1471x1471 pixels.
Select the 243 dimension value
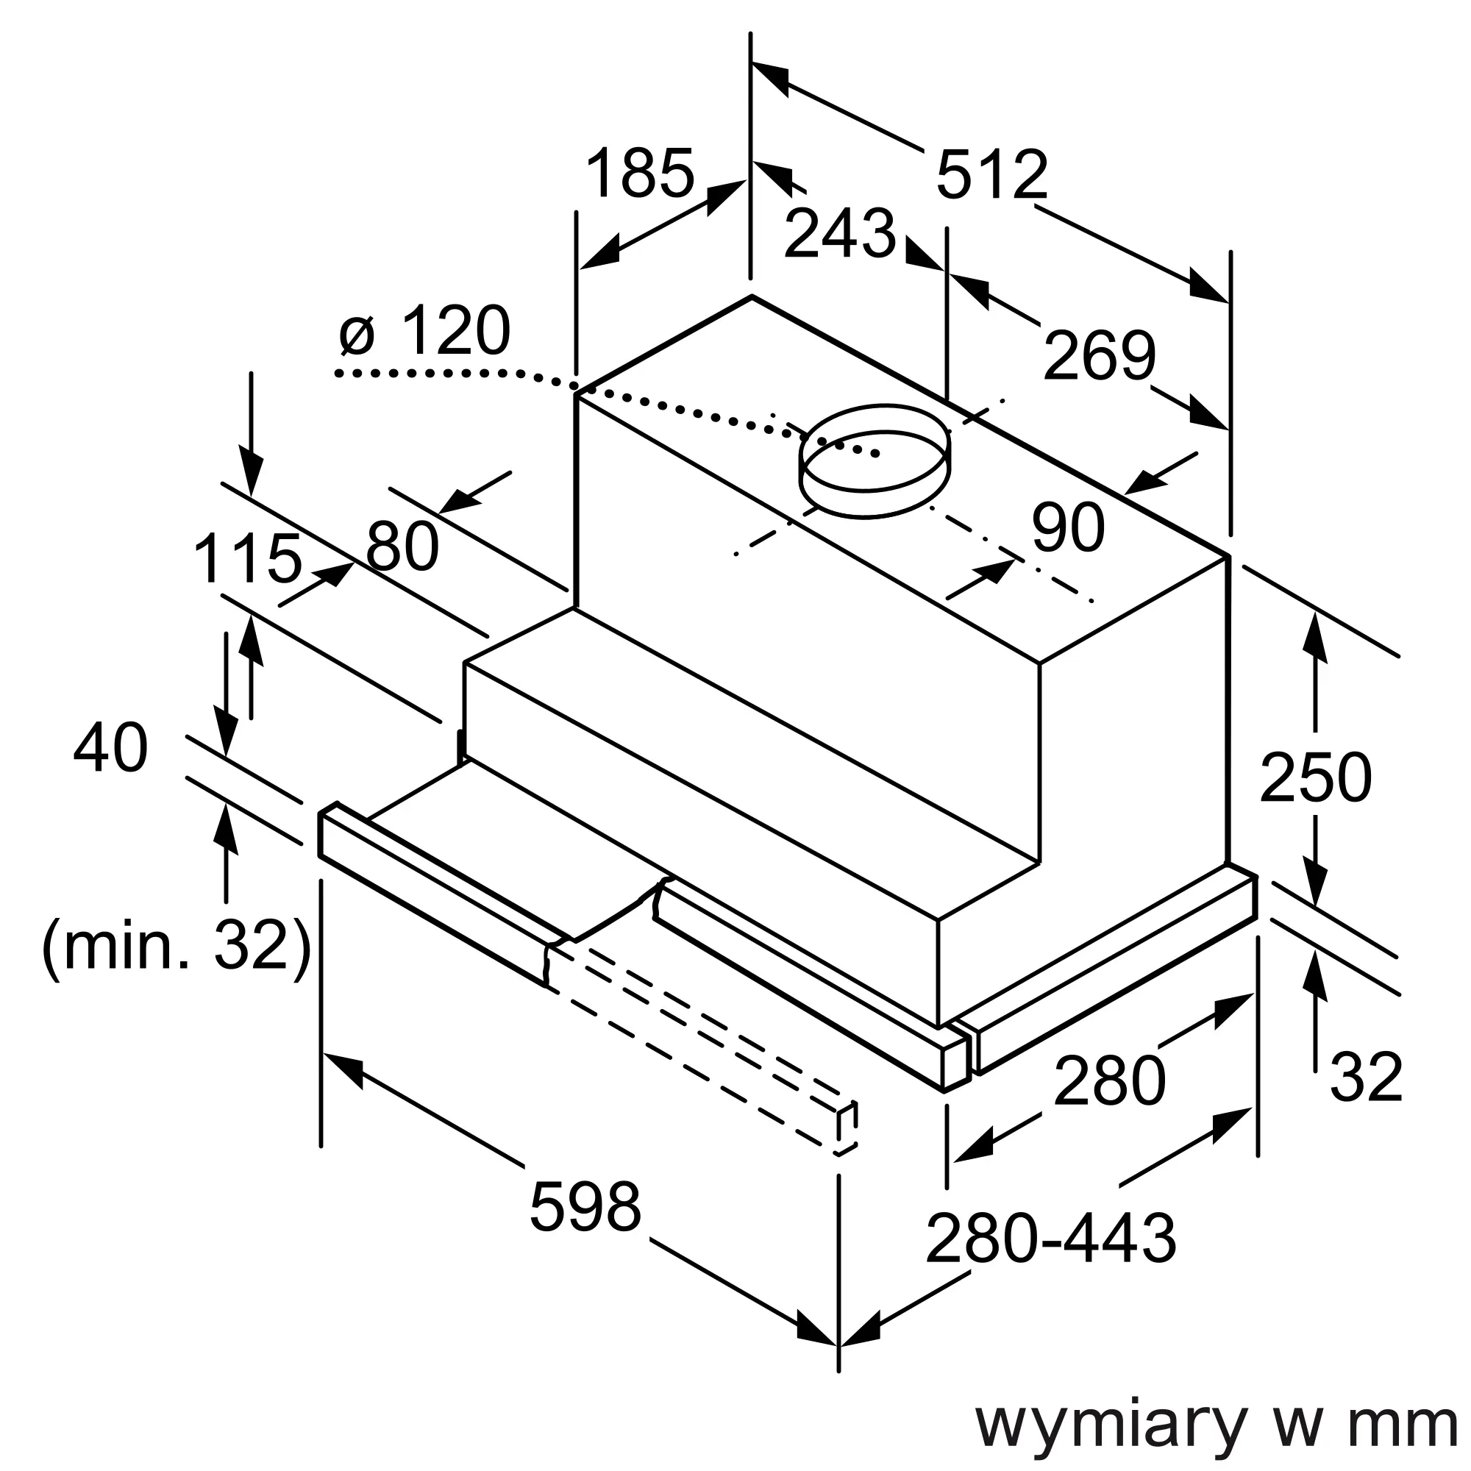(x=840, y=233)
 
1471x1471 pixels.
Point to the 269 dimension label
(x=1099, y=355)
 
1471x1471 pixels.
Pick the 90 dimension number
(x=1068, y=526)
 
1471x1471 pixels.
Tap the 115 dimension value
(x=248, y=558)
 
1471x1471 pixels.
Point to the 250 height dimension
(x=1316, y=777)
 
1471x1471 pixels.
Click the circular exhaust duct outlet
(x=875, y=460)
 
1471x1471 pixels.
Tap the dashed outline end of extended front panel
(x=847, y=1139)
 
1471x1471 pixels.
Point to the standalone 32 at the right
(x=1366, y=1077)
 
